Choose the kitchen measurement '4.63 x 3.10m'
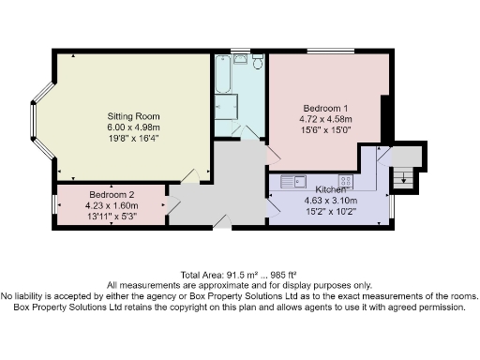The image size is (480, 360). tap(326, 200)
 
